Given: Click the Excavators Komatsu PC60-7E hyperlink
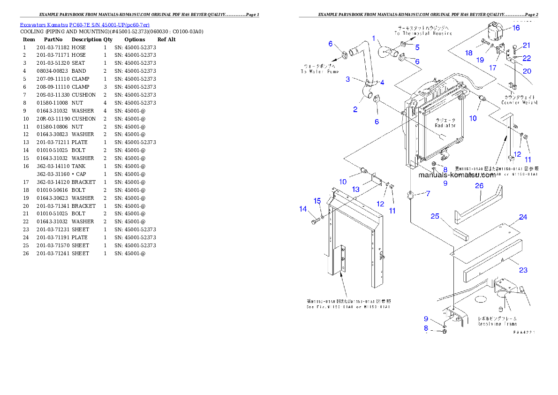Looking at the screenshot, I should point(84,25).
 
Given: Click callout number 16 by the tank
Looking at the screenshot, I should point(516,28).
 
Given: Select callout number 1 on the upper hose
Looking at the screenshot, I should point(374,38).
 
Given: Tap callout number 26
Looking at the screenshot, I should point(479,186).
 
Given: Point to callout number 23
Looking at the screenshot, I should point(523,270).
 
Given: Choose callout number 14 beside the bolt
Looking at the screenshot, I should point(303,209).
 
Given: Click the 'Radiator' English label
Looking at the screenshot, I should point(445,126).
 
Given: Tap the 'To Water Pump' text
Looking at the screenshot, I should point(320,71).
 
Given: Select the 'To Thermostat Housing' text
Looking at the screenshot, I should point(423,33).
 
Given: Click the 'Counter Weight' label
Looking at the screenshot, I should point(520,102).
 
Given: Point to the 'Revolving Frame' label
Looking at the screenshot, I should point(498,324).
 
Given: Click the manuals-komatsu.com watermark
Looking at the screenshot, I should point(457,175).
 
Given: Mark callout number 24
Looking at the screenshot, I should point(523,217).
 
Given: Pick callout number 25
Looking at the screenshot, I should point(435,216).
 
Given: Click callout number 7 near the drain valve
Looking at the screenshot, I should point(428,193).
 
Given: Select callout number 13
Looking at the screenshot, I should point(356,189).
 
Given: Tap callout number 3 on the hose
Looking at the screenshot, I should point(348,79).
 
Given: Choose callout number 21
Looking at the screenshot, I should point(527,46).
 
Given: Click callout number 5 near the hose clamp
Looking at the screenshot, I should point(417,47).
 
